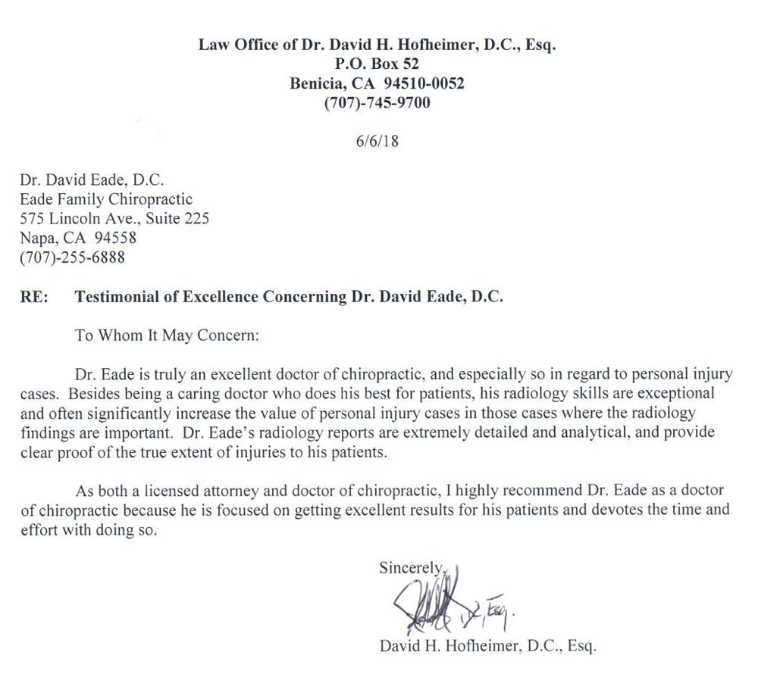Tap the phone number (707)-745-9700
(377, 103)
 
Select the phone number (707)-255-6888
(71, 257)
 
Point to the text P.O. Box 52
(377, 64)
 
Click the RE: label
(35, 298)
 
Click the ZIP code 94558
(106, 239)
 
